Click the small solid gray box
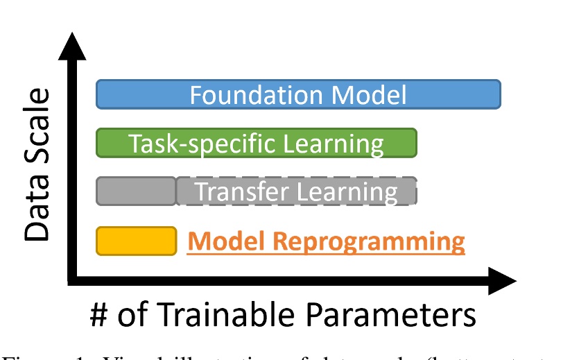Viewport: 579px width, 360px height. pos(136,191)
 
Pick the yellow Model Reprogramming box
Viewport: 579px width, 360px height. pos(136,241)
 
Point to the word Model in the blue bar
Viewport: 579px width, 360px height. pos(370,94)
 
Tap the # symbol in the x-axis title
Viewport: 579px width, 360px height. pos(100,316)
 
